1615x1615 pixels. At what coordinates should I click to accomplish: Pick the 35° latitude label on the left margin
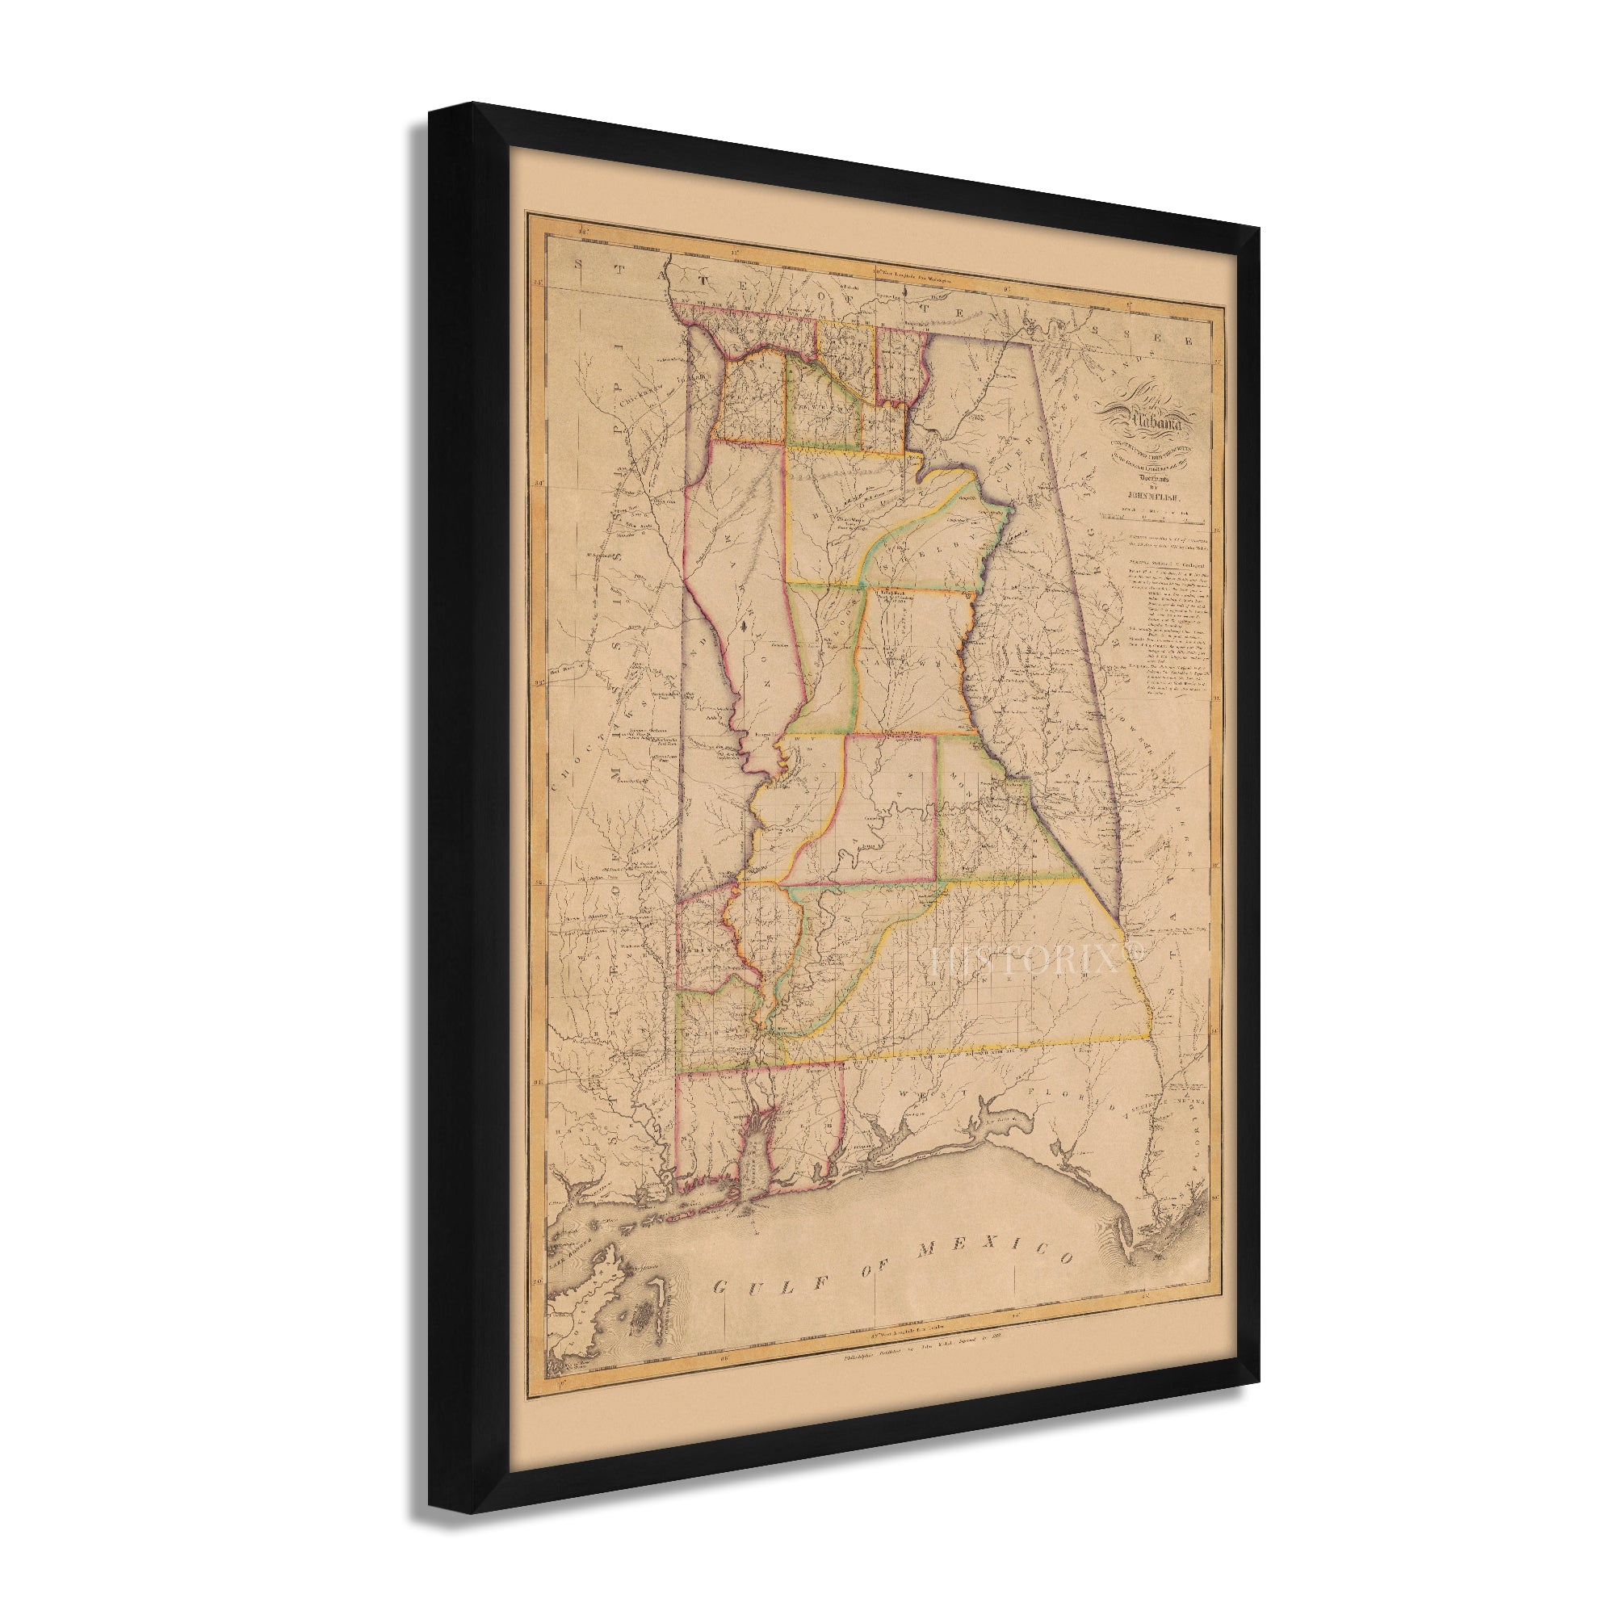point(539,284)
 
